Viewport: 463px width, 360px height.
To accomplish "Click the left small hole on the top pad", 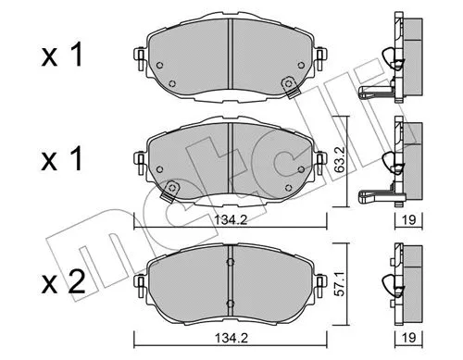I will pyautogui.click(x=158, y=66).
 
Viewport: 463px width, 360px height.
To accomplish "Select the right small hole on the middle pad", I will pyautogui.click(x=299, y=168).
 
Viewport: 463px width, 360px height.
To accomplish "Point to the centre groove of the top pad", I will pyautogui.click(x=229, y=56).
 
